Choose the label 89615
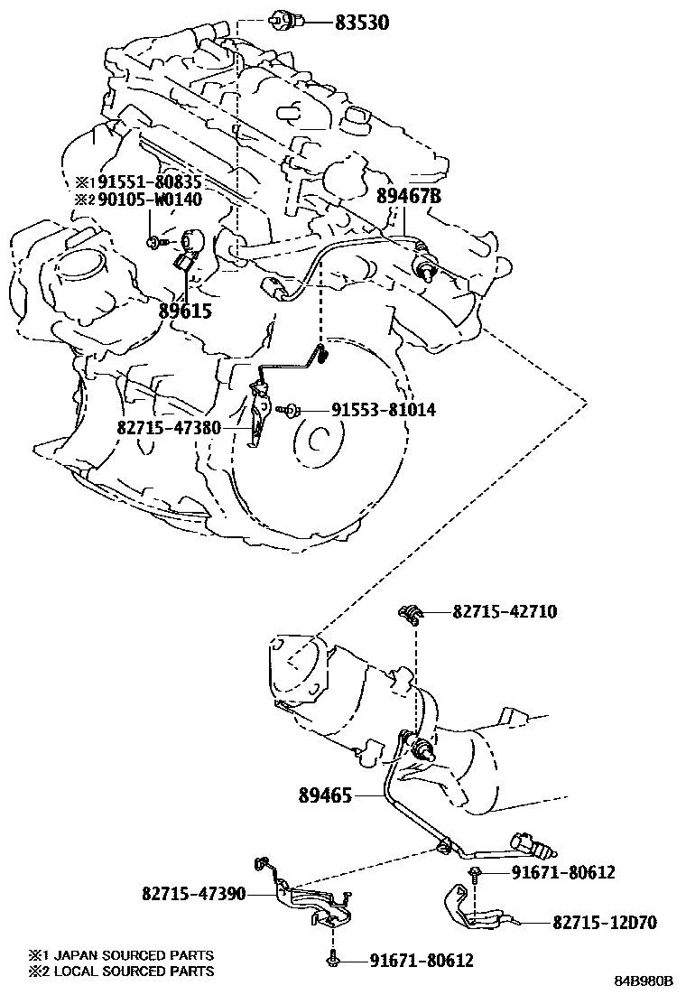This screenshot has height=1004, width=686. pos(185,310)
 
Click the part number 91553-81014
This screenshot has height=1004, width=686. pos(384,410)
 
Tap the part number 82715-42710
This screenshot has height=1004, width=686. pos(505,612)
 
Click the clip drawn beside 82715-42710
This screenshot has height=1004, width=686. pos(411,616)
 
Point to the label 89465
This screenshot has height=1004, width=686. pos(328,795)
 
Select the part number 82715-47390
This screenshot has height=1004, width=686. pos(193,893)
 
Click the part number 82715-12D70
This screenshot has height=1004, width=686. pos(604,923)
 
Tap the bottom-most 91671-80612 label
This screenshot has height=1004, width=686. pos(422,961)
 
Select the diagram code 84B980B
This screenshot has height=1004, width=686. pos(645,981)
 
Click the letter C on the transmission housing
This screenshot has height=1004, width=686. pos(317,442)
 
